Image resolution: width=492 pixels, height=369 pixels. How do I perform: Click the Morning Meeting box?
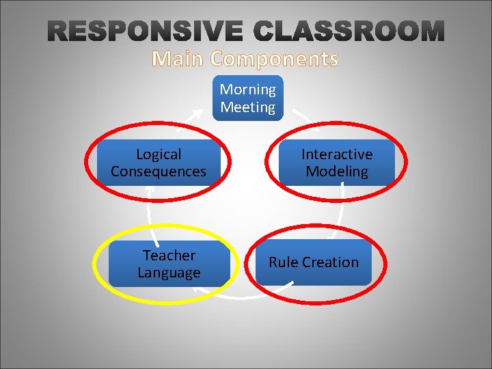247,98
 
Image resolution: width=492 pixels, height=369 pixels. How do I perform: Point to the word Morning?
248,90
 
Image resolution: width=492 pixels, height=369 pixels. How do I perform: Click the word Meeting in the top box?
248,107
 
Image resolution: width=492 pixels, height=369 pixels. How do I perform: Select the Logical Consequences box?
158,163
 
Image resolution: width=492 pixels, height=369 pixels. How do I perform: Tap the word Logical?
159,154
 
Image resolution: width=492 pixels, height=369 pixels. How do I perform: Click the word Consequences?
159,172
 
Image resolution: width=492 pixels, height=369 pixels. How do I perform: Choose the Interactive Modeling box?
337,163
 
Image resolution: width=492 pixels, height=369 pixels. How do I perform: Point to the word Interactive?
337,154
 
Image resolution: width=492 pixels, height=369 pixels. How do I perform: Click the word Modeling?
337,172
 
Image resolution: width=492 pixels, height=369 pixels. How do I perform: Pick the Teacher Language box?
169,264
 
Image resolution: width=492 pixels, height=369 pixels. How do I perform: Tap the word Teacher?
169,256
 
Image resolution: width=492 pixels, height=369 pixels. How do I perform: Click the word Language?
169,273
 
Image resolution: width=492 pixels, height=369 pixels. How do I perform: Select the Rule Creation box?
314,262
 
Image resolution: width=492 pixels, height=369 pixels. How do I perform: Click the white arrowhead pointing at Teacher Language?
197,290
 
